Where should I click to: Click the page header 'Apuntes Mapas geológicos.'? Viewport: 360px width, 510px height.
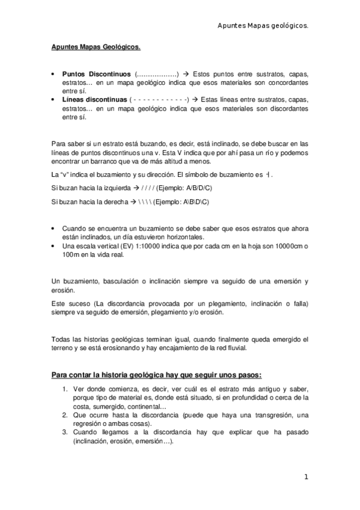263,26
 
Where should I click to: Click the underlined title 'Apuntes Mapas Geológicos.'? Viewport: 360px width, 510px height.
96,46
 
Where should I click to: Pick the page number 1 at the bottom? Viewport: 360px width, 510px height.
306,477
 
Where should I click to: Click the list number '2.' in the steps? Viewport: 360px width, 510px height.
66,415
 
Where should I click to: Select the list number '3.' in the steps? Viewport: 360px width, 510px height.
66,432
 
